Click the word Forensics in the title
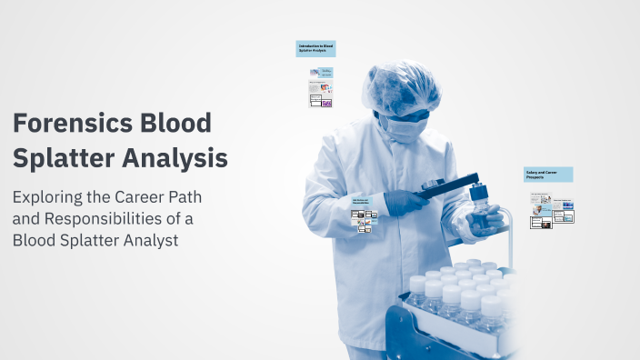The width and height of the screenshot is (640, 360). click(x=69, y=123)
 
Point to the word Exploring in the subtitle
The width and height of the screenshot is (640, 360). click(x=50, y=197)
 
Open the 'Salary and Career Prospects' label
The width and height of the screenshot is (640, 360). click(x=547, y=174)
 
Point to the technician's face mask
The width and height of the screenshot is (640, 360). click(x=397, y=128)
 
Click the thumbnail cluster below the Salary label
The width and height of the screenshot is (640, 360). click(x=551, y=210)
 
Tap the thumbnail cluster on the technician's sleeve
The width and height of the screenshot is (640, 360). click(x=364, y=218)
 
